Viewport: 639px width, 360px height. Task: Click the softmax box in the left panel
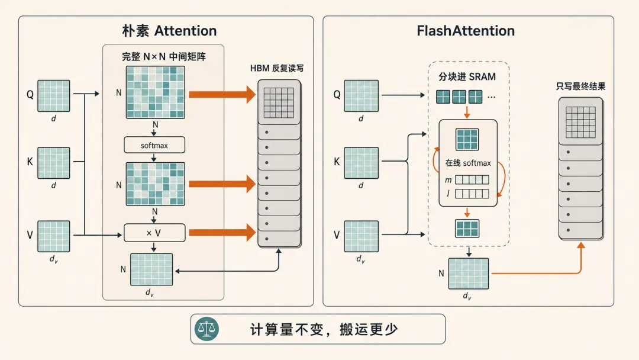click(154, 145)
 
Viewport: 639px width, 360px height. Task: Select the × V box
click(154, 233)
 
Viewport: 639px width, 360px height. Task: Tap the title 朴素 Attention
click(169, 31)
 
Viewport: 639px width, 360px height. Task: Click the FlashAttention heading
click(466, 31)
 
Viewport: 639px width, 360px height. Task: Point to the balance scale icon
click(206, 329)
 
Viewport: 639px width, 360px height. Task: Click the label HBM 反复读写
click(277, 68)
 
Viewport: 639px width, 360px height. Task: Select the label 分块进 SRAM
click(467, 76)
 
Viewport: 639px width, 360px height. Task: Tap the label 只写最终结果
click(581, 86)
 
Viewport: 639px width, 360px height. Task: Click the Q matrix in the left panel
click(54, 96)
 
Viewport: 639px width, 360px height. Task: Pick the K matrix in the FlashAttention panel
click(362, 163)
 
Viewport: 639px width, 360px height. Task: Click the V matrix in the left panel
click(54, 236)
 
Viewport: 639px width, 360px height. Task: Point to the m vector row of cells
click(472, 180)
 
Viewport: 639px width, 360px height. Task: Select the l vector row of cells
click(472, 194)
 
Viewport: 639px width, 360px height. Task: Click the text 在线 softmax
click(468, 163)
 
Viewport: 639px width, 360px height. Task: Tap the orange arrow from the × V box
click(222, 232)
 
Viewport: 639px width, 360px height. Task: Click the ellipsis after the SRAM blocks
click(492, 98)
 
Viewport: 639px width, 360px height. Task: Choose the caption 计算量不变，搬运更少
click(324, 329)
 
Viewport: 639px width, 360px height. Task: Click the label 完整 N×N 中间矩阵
click(163, 57)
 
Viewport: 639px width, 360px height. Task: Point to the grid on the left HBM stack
click(279, 103)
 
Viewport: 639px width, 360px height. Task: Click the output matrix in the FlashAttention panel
click(469, 274)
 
